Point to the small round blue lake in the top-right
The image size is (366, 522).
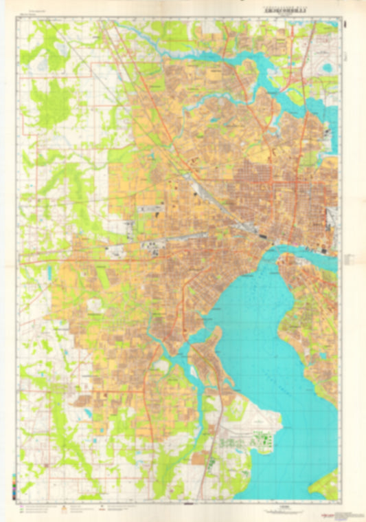328,68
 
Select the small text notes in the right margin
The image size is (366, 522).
348,258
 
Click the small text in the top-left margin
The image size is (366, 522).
31,17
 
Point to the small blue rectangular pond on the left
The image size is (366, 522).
49,272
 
